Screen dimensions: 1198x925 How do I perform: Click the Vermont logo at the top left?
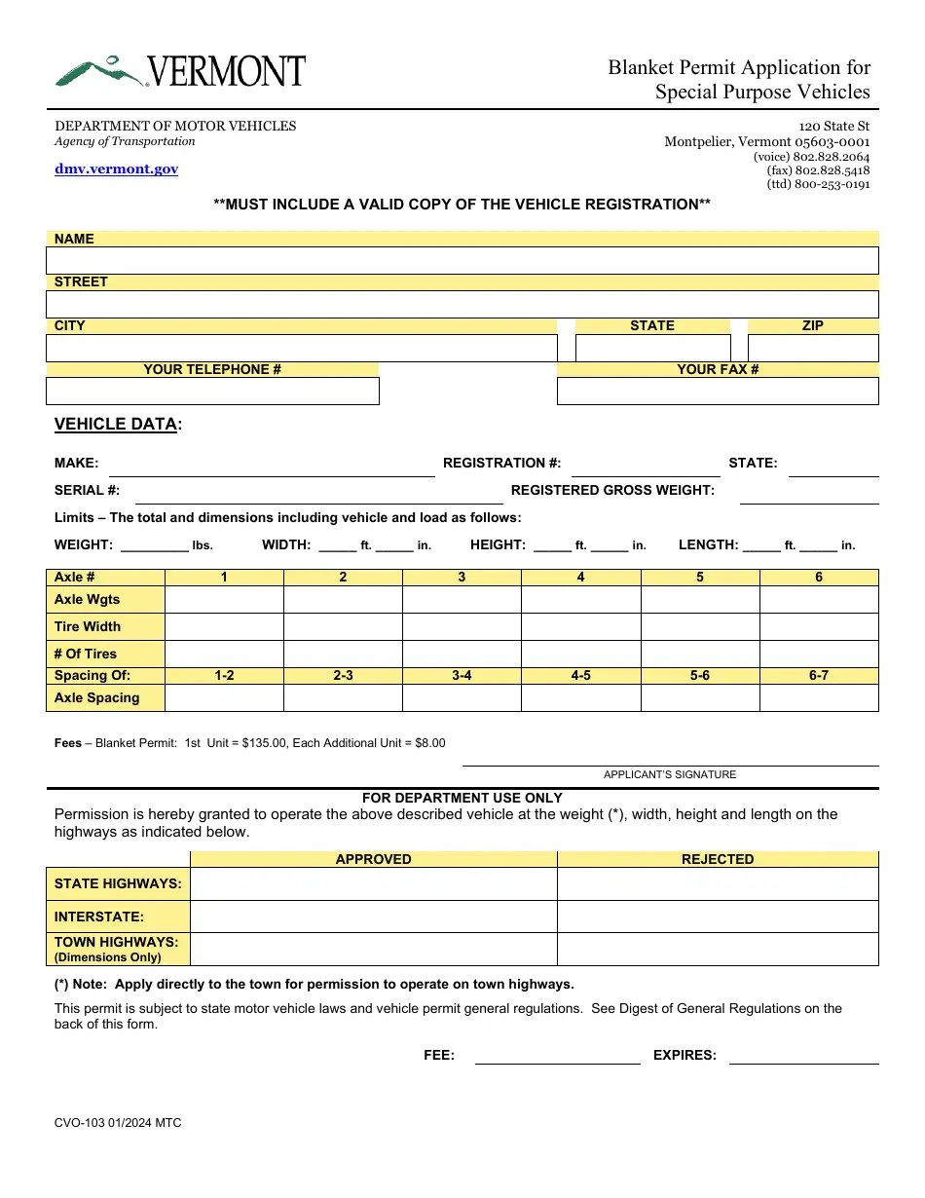pos(180,71)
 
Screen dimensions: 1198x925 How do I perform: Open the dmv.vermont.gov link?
pos(116,168)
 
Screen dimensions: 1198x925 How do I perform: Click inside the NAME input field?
pos(462,260)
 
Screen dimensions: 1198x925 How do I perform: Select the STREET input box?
pos(462,304)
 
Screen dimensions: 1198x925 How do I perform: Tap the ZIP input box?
pos(812,348)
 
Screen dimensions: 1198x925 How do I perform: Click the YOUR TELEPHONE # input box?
pos(212,391)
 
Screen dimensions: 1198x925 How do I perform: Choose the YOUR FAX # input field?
pos(717,391)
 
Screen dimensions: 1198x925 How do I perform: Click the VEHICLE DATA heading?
pos(117,424)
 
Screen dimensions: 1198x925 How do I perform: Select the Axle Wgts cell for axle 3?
pos(462,599)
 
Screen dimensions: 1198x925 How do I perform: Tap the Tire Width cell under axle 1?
pos(224,626)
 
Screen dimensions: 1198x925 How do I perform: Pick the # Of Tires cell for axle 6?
pos(818,654)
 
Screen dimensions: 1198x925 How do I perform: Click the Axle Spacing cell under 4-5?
pos(580,698)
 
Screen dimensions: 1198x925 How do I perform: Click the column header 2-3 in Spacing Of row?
pos(343,675)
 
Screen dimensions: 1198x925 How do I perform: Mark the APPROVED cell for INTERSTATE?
pos(373,917)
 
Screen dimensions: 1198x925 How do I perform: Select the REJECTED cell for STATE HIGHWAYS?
pos(717,883)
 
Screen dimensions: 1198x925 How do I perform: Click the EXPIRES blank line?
pos(803,1056)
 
